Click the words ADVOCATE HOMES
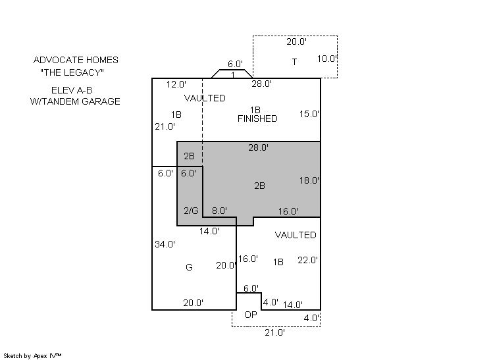(x=76, y=60)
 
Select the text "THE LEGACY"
(x=72, y=72)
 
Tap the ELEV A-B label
(x=72, y=90)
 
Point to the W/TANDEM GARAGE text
(x=75, y=101)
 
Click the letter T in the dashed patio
(x=294, y=62)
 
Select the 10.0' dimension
(x=327, y=59)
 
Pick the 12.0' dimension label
(x=176, y=84)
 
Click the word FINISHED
(x=257, y=118)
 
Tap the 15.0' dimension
(x=309, y=114)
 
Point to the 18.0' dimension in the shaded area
(x=309, y=180)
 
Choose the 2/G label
(x=191, y=211)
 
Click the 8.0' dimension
(x=220, y=211)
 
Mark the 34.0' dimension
(x=165, y=244)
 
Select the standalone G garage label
(x=189, y=267)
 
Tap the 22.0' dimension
(x=308, y=260)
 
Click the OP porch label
(x=251, y=315)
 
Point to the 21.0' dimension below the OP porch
(x=275, y=332)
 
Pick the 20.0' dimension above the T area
(x=297, y=41)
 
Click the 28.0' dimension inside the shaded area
(x=259, y=147)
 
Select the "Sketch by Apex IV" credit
(x=32, y=356)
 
